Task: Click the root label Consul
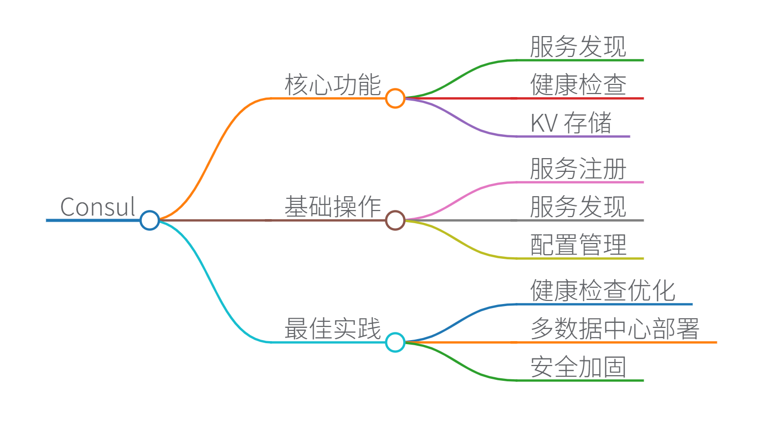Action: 98,207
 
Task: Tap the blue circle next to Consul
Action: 149,220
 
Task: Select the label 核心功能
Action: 332,85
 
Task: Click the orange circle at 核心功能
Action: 395,98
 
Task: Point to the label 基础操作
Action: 332,207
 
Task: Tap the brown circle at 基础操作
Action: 395,220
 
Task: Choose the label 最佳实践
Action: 332,329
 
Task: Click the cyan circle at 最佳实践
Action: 395,342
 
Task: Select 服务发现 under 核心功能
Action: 578,47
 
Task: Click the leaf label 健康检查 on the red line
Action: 578,85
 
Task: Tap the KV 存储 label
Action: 571,123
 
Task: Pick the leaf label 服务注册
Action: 578,169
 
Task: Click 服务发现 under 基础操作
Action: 578,207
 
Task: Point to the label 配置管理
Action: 578,245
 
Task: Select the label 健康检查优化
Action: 602,291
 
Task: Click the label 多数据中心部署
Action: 615,329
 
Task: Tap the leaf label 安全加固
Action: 578,367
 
